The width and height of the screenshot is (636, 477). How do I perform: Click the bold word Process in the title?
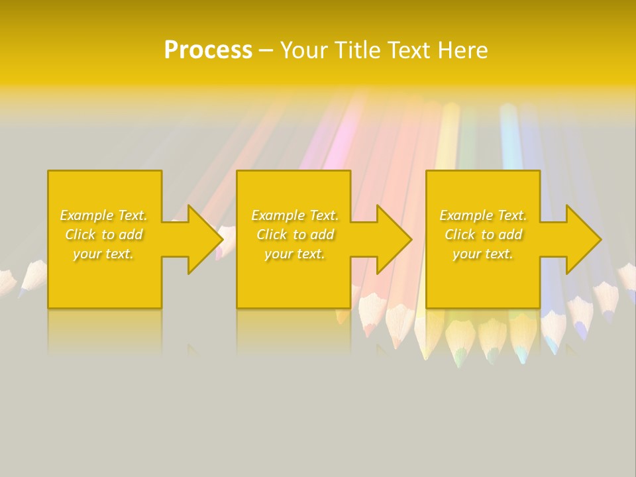tap(208, 50)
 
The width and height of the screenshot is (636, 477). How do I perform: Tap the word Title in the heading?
tap(357, 50)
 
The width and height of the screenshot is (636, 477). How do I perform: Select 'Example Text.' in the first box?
tap(104, 215)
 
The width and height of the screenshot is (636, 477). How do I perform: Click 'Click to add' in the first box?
tap(104, 235)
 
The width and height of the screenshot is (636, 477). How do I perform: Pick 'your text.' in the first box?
tap(104, 254)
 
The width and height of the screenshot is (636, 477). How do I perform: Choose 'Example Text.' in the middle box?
tap(295, 215)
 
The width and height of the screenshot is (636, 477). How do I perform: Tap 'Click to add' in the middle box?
tap(295, 235)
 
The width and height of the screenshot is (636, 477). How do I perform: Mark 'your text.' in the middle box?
tap(295, 254)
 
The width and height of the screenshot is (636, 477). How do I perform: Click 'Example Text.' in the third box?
tap(483, 215)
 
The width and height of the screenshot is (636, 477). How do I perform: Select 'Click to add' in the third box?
tap(483, 235)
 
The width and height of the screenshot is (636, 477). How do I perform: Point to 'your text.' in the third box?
tap(483, 254)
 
